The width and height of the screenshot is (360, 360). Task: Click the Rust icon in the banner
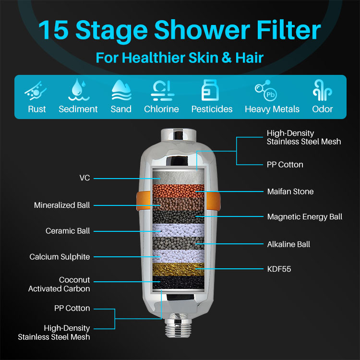click(x=36, y=91)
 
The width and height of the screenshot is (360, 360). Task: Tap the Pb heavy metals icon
click(x=266, y=90)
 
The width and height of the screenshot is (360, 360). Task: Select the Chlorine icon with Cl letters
click(x=162, y=90)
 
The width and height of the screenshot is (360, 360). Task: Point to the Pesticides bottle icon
click(x=210, y=90)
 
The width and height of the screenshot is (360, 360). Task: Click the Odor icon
click(x=322, y=90)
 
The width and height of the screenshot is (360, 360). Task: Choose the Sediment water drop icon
click(x=79, y=90)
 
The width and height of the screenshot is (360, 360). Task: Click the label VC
click(x=84, y=178)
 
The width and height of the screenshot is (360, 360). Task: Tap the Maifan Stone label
click(x=290, y=192)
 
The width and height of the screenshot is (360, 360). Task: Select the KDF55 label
click(x=279, y=269)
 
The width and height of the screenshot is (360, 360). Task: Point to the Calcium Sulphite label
click(x=60, y=257)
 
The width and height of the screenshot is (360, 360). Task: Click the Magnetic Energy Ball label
click(x=305, y=217)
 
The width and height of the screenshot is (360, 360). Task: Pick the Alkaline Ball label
click(x=288, y=244)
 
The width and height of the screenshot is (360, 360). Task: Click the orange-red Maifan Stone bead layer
click(x=179, y=191)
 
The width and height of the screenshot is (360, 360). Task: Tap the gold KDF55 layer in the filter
click(x=179, y=269)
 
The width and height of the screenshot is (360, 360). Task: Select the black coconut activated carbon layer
click(x=179, y=282)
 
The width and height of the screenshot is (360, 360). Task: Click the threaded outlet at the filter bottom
click(x=178, y=328)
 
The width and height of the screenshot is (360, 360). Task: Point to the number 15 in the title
click(x=54, y=30)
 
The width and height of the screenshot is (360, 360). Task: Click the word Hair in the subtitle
click(x=249, y=58)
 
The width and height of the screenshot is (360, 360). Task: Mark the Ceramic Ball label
click(x=68, y=231)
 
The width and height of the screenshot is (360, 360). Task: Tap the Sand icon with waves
click(x=121, y=90)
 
